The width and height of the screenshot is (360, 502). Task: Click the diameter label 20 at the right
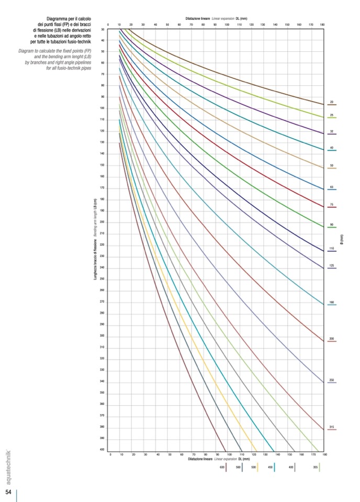(x=332, y=102)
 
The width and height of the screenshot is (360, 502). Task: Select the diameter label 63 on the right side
(x=332, y=186)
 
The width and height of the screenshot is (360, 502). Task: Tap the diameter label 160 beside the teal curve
(x=332, y=302)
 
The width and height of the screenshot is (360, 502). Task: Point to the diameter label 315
(x=332, y=427)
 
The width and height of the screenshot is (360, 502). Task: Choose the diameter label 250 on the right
(x=332, y=380)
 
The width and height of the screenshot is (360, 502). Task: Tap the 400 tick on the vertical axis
(x=103, y=450)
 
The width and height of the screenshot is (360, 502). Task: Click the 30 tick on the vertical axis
(x=103, y=29)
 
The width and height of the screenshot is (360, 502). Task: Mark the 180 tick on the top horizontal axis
(x=322, y=25)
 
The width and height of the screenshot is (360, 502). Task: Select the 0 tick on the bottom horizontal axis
(x=110, y=455)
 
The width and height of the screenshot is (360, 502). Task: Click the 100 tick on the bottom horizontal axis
(x=230, y=455)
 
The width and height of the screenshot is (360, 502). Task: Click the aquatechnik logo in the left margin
(x=8, y=466)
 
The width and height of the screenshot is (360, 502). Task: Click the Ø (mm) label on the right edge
(x=341, y=239)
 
